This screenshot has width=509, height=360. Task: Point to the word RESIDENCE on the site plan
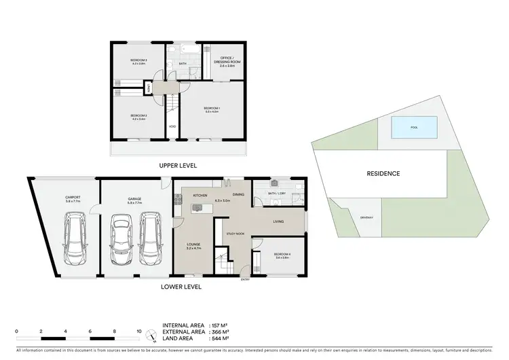click(x=384, y=173)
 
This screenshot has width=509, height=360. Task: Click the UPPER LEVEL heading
click(x=178, y=166)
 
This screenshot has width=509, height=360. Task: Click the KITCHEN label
click(x=200, y=196)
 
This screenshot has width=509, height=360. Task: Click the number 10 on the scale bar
click(x=138, y=331)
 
